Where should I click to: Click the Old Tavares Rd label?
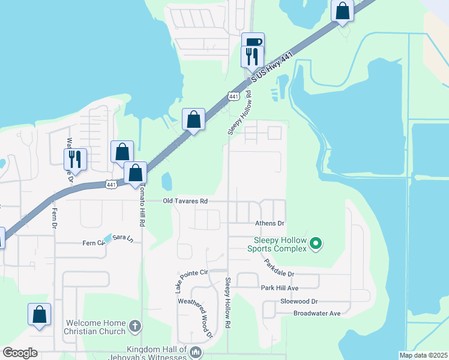pyautogui.click(x=185, y=202)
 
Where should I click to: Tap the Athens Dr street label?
pyautogui.click(x=270, y=223)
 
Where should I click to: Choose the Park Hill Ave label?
pyautogui.click(x=280, y=288)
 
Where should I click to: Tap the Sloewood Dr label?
pyautogui.click(x=298, y=301)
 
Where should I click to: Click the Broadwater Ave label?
pyautogui.click(x=316, y=313)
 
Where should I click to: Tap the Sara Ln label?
pyautogui.click(x=122, y=238)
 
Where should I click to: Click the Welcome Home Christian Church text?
pyautogui.click(x=95, y=327)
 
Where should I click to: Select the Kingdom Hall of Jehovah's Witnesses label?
pyautogui.click(x=157, y=353)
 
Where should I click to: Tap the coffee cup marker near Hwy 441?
pyautogui.click(x=253, y=41)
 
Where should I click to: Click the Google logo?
pyautogui.click(x=20, y=353)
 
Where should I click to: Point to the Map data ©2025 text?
pyautogui.click(x=423, y=355)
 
